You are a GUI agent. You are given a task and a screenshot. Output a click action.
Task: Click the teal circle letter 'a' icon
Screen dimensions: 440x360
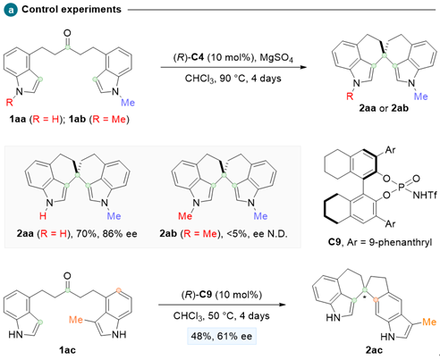point(11,10)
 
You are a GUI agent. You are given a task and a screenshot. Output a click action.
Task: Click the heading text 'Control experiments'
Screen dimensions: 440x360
point(72,10)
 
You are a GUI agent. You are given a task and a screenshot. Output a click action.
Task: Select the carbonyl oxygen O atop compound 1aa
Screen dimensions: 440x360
point(68,33)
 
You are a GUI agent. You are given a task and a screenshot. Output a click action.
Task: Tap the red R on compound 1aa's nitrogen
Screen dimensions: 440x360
point(10,103)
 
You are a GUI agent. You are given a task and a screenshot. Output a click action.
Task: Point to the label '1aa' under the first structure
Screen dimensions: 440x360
point(18,120)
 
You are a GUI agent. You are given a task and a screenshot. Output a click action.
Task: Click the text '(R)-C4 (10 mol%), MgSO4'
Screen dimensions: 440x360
point(233,57)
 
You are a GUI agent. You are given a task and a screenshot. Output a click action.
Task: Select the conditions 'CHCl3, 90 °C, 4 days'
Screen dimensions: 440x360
point(233,79)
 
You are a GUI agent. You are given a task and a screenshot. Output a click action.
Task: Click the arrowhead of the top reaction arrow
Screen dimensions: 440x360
point(303,67)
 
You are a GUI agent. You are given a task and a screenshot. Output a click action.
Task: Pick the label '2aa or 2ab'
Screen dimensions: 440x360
point(384,108)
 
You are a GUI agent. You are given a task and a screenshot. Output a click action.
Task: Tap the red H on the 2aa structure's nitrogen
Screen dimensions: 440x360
point(43,215)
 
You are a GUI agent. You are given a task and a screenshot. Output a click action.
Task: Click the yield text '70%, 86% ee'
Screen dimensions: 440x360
point(106,234)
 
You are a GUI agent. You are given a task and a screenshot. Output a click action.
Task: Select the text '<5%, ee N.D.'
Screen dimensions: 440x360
point(257,234)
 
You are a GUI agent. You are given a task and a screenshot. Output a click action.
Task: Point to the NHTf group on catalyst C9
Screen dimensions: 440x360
point(425,195)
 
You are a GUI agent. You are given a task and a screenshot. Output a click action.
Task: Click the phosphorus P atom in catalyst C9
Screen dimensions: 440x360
point(402,187)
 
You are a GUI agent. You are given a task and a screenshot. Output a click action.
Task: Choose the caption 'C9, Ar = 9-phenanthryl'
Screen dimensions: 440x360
point(380,242)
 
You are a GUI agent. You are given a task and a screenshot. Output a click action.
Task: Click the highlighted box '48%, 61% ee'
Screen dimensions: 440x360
point(222,336)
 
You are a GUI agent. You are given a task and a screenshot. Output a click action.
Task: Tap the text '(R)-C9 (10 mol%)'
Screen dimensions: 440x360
point(222,295)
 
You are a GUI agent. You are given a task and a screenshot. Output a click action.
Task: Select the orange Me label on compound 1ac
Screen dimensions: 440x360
point(76,320)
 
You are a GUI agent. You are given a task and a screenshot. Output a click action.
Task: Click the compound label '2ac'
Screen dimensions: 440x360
point(374,350)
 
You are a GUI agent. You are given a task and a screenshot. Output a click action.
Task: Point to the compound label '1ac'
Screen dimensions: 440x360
point(67,350)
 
